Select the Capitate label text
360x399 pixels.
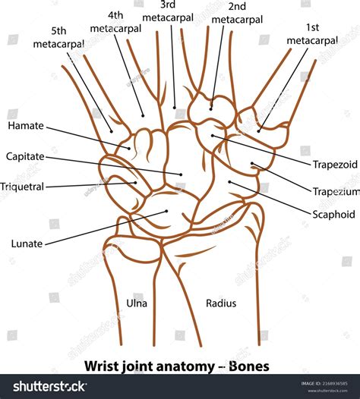tap(25, 156)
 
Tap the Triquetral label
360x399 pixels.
tap(23, 186)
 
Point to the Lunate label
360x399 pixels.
tap(27, 243)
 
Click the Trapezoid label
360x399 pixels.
tap(335, 164)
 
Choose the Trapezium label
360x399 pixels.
tap(335, 191)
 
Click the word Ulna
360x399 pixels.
tap(137, 303)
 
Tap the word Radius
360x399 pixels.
tap(221, 303)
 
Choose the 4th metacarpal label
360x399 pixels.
tap(115, 21)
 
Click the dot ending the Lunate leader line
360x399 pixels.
tap(166, 212)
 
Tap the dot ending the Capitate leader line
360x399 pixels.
tap(181, 174)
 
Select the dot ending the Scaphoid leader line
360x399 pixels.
tap(229, 181)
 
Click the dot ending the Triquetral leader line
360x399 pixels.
tap(135, 182)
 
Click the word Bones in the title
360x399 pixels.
tap(248, 366)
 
